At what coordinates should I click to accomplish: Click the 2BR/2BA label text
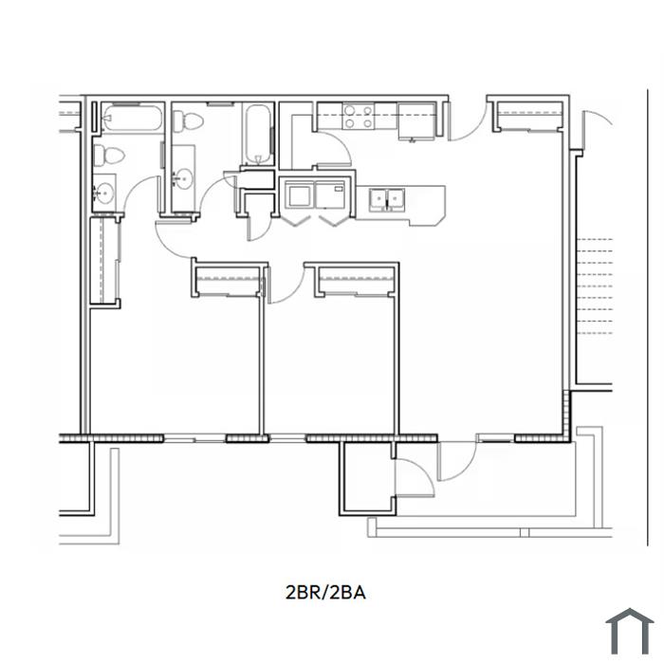[325, 592]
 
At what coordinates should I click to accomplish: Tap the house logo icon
[629, 631]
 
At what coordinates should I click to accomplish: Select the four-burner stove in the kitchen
[358, 117]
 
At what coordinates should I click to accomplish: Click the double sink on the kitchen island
[387, 199]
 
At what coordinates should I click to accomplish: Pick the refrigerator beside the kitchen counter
[416, 121]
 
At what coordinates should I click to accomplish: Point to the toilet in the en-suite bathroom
[108, 156]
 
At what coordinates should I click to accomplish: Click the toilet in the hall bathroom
[188, 121]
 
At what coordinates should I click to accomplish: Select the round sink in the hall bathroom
[183, 178]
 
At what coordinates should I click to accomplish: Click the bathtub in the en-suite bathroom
[133, 119]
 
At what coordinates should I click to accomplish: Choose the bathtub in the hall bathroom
[257, 135]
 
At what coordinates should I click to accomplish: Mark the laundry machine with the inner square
[298, 194]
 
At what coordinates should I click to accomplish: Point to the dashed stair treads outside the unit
[595, 286]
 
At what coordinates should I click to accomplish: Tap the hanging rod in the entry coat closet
[530, 114]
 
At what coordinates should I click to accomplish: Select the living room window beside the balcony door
[494, 438]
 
